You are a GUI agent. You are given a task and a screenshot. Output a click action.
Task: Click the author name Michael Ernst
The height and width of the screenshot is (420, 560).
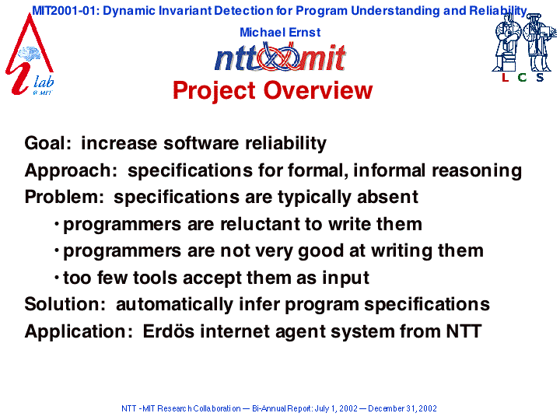pos(280,32)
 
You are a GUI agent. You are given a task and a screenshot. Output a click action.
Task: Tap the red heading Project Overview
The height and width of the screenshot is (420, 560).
pos(272,90)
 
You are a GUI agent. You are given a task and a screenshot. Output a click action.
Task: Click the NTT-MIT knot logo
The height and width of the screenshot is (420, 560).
pos(280,57)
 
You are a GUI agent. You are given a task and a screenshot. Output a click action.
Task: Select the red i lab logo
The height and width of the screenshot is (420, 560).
pos(30,54)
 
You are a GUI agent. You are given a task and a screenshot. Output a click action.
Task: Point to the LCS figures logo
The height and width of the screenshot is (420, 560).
pos(524,47)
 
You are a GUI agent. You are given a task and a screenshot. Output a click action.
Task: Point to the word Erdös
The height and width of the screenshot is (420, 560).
pos(169,331)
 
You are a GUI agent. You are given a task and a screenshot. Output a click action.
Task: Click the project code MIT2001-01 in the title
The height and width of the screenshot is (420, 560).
pos(63,11)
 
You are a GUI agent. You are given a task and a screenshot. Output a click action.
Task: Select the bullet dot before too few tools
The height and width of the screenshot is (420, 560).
pos(57,277)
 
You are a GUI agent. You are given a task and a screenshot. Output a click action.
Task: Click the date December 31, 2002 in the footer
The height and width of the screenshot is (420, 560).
pos(402,408)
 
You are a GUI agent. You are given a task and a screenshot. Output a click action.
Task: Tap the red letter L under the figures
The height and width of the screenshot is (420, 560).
pos(505,77)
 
